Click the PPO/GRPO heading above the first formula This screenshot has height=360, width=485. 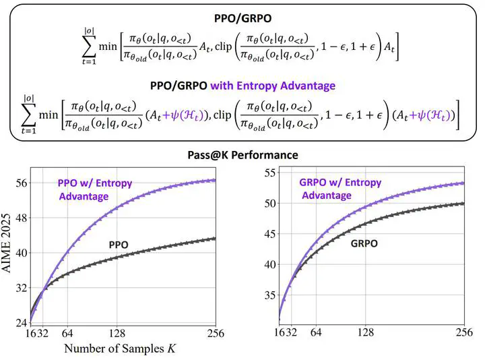point(243,18)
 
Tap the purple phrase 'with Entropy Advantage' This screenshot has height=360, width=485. point(273,86)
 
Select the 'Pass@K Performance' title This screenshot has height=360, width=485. point(243,155)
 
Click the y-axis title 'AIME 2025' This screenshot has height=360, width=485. point(7,243)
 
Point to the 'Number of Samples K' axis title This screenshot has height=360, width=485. point(120,349)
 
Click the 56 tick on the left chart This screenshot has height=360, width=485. point(22,183)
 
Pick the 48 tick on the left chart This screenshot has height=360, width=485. point(22,218)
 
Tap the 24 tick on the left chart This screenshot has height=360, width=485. point(22,323)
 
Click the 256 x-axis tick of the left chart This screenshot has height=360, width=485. point(216,334)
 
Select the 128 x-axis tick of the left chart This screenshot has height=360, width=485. point(117,334)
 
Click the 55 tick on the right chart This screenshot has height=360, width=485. point(270,173)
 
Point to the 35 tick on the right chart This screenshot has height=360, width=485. point(270,295)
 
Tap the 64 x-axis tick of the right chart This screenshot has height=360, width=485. point(316,332)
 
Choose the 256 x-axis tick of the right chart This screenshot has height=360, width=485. point(464,332)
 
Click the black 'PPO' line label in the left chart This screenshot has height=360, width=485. point(119,245)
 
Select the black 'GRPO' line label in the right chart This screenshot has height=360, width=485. point(364,243)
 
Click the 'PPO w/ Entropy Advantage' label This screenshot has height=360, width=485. point(95,189)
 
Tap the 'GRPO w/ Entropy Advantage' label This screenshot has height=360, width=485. point(340,189)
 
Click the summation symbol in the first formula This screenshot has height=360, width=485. point(89,47)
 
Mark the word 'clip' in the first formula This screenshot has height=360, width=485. point(224,47)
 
